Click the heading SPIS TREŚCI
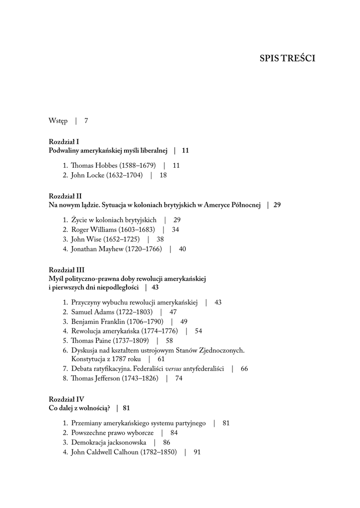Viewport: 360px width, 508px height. coord(287,59)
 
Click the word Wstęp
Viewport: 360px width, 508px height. coord(58,121)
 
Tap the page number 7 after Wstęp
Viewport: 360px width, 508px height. coord(86,121)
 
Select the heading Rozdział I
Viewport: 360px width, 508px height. coord(68,141)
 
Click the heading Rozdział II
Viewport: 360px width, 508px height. coord(69,196)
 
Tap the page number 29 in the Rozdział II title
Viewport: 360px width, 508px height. coord(277,205)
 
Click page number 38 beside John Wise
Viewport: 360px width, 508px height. coord(160,239)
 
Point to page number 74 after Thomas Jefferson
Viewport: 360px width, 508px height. coord(179,378)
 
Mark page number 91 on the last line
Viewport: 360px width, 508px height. coord(197,452)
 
